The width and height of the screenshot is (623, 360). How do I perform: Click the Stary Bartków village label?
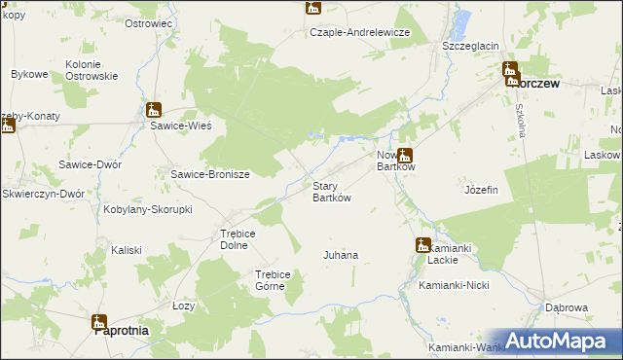(330, 192)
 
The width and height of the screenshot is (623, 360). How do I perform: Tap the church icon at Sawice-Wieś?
(154, 110)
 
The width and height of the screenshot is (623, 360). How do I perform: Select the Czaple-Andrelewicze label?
(360, 32)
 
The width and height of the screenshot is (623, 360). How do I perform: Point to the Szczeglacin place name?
(470, 46)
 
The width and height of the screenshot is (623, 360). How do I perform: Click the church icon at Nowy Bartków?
(404, 154)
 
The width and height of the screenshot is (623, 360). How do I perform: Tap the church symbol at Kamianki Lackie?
(422, 244)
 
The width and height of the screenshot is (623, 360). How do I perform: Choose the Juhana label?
(341, 255)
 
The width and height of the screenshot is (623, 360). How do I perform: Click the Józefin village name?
(482, 190)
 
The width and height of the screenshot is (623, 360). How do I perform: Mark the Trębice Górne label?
(273, 280)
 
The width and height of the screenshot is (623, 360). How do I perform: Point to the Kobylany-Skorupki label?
(148, 209)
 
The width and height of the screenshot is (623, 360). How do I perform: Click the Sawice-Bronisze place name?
(211, 175)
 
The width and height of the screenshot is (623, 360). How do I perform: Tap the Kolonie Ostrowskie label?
(92, 70)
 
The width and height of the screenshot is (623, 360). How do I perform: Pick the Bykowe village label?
(29, 74)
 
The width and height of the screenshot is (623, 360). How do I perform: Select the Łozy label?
(184, 306)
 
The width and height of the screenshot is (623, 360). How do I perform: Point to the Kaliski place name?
(127, 250)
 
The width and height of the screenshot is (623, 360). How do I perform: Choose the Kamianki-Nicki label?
(452, 286)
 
